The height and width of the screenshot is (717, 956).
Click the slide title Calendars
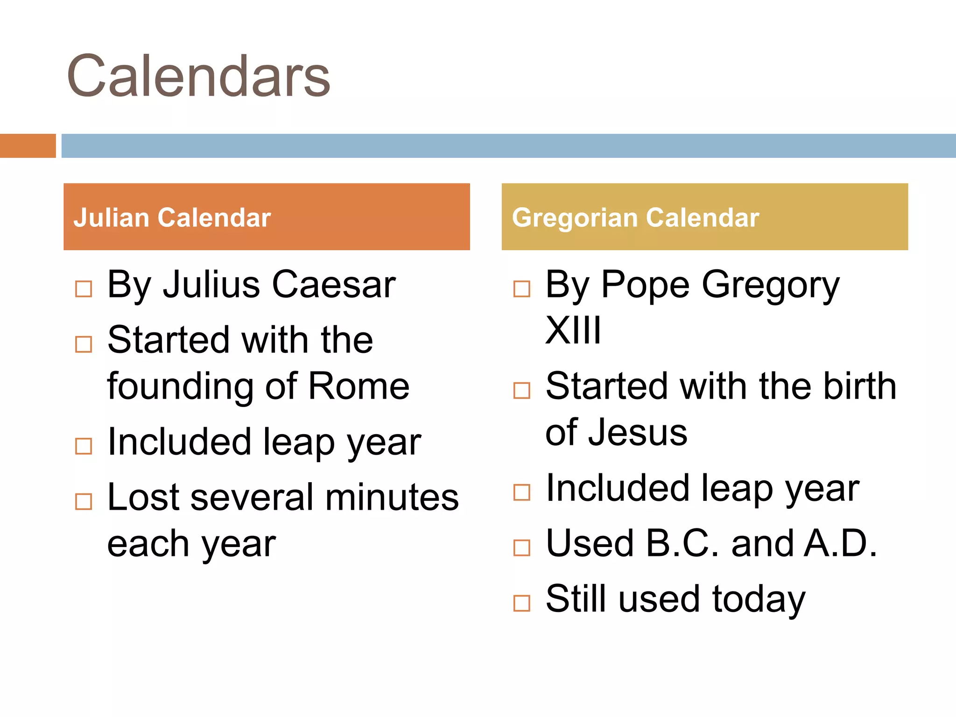(x=198, y=76)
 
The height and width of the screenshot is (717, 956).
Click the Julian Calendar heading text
(x=172, y=218)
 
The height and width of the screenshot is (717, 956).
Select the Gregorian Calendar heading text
(x=635, y=218)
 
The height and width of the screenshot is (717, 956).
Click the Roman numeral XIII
(x=573, y=330)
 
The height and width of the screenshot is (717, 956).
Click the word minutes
(x=392, y=497)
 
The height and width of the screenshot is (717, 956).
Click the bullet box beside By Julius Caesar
(x=84, y=289)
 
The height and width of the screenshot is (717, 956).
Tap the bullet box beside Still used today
(x=521, y=603)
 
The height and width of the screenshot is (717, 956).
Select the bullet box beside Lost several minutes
(x=84, y=502)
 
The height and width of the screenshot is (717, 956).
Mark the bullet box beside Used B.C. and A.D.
(x=521, y=548)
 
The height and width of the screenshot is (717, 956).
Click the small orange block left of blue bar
(x=28, y=146)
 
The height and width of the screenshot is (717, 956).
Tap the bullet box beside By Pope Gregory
(x=521, y=289)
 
